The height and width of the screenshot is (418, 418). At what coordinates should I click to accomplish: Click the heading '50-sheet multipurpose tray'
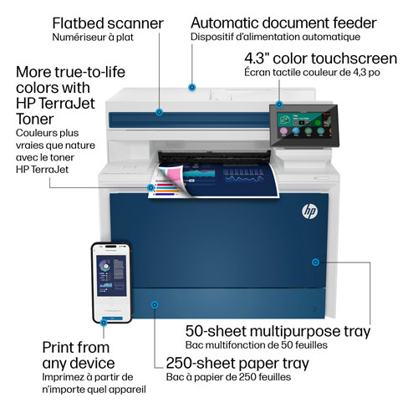pyautogui.click(x=276, y=331)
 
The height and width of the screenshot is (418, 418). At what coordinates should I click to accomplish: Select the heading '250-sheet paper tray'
pyautogui.click(x=237, y=364)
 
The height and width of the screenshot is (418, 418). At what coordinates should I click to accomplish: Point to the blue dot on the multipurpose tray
pyautogui.click(x=314, y=262)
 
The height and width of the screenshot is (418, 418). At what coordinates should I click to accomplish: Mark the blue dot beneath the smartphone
pyautogui.click(x=104, y=319)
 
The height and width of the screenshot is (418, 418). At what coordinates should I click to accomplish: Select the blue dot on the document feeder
pyautogui.click(x=192, y=86)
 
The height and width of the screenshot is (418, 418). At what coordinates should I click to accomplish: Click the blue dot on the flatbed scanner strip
pyautogui.click(x=158, y=110)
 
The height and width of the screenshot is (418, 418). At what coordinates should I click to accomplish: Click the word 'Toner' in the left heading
pyautogui.click(x=36, y=119)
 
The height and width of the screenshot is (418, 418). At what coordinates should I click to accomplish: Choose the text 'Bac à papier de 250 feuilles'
pyautogui.click(x=227, y=378)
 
